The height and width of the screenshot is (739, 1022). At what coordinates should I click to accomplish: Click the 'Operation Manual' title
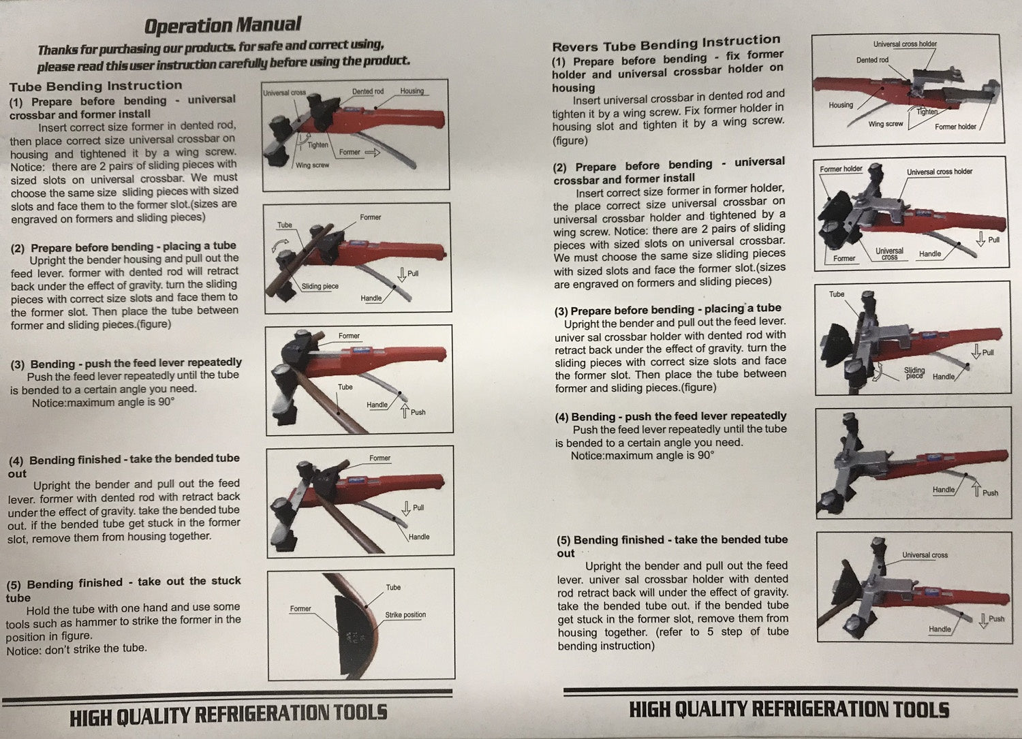pyautogui.click(x=223, y=26)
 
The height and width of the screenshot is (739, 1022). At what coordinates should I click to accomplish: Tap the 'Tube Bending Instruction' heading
pyautogui.click(x=96, y=86)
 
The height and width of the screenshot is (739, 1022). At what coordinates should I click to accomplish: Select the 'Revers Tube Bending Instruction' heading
pyautogui.click(x=666, y=44)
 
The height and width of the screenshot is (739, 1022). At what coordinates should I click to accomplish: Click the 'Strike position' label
pyautogui.click(x=405, y=614)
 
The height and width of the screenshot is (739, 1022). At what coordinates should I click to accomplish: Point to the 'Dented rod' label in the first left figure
pyautogui.click(x=368, y=91)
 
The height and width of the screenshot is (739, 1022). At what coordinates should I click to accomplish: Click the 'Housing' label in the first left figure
pyautogui.click(x=412, y=91)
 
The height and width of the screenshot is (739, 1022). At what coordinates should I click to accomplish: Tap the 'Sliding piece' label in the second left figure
pyautogui.click(x=320, y=286)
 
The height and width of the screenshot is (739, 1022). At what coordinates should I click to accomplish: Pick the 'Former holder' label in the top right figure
pyautogui.click(x=955, y=127)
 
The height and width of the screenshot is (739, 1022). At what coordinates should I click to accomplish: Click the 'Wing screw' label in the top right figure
pyautogui.click(x=886, y=124)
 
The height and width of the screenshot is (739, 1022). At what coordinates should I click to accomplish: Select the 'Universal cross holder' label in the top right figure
pyautogui.click(x=905, y=44)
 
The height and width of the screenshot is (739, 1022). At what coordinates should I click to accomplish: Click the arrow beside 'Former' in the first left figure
pyautogui.click(x=372, y=153)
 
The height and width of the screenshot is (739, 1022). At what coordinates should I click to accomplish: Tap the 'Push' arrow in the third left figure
pyautogui.click(x=404, y=411)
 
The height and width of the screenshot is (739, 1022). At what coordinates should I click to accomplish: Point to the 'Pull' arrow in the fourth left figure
pyautogui.click(x=405, y=508)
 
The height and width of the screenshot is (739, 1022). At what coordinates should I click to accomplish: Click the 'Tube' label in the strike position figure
pyautogui.click(x=393, y=587)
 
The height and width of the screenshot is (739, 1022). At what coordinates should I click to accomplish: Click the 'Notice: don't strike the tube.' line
pyautogui.click(x=76, y=648)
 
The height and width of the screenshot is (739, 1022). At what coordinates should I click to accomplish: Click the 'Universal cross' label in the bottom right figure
pyautogui.click(x=925, y=555)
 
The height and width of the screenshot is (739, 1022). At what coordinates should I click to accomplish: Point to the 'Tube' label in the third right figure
pyautogui.click(x=836, y=294)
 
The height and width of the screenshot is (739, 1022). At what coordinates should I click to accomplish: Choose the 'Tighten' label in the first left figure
pyautogui.click(x=318, y=144)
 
